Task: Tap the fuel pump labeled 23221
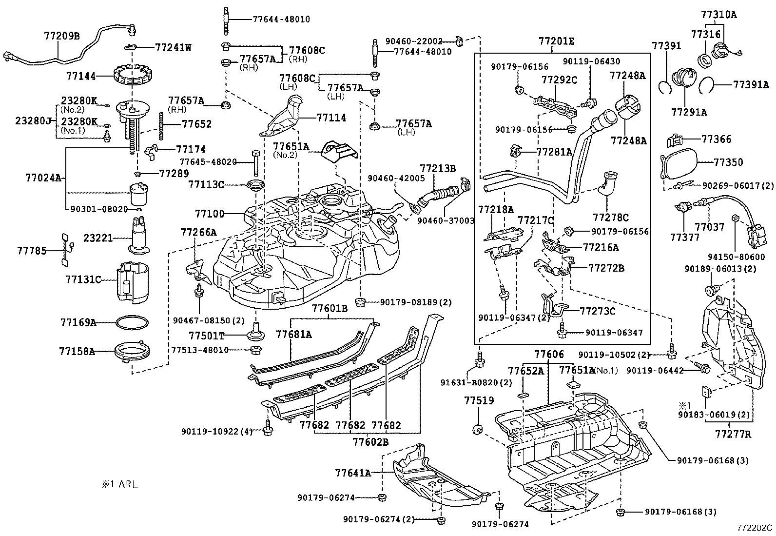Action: pos(140,238)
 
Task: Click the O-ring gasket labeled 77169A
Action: pos(132,322)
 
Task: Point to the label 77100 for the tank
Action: pos(209,214)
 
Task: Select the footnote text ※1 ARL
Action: pos(119,484)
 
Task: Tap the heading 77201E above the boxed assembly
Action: pos(556,41)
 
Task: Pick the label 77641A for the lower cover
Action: pos(353,473)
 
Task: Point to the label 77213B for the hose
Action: pos(438,169)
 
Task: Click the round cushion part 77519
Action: pos(478,429)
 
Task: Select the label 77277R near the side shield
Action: pos(733,433)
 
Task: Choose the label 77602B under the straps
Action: pos(370,442)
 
